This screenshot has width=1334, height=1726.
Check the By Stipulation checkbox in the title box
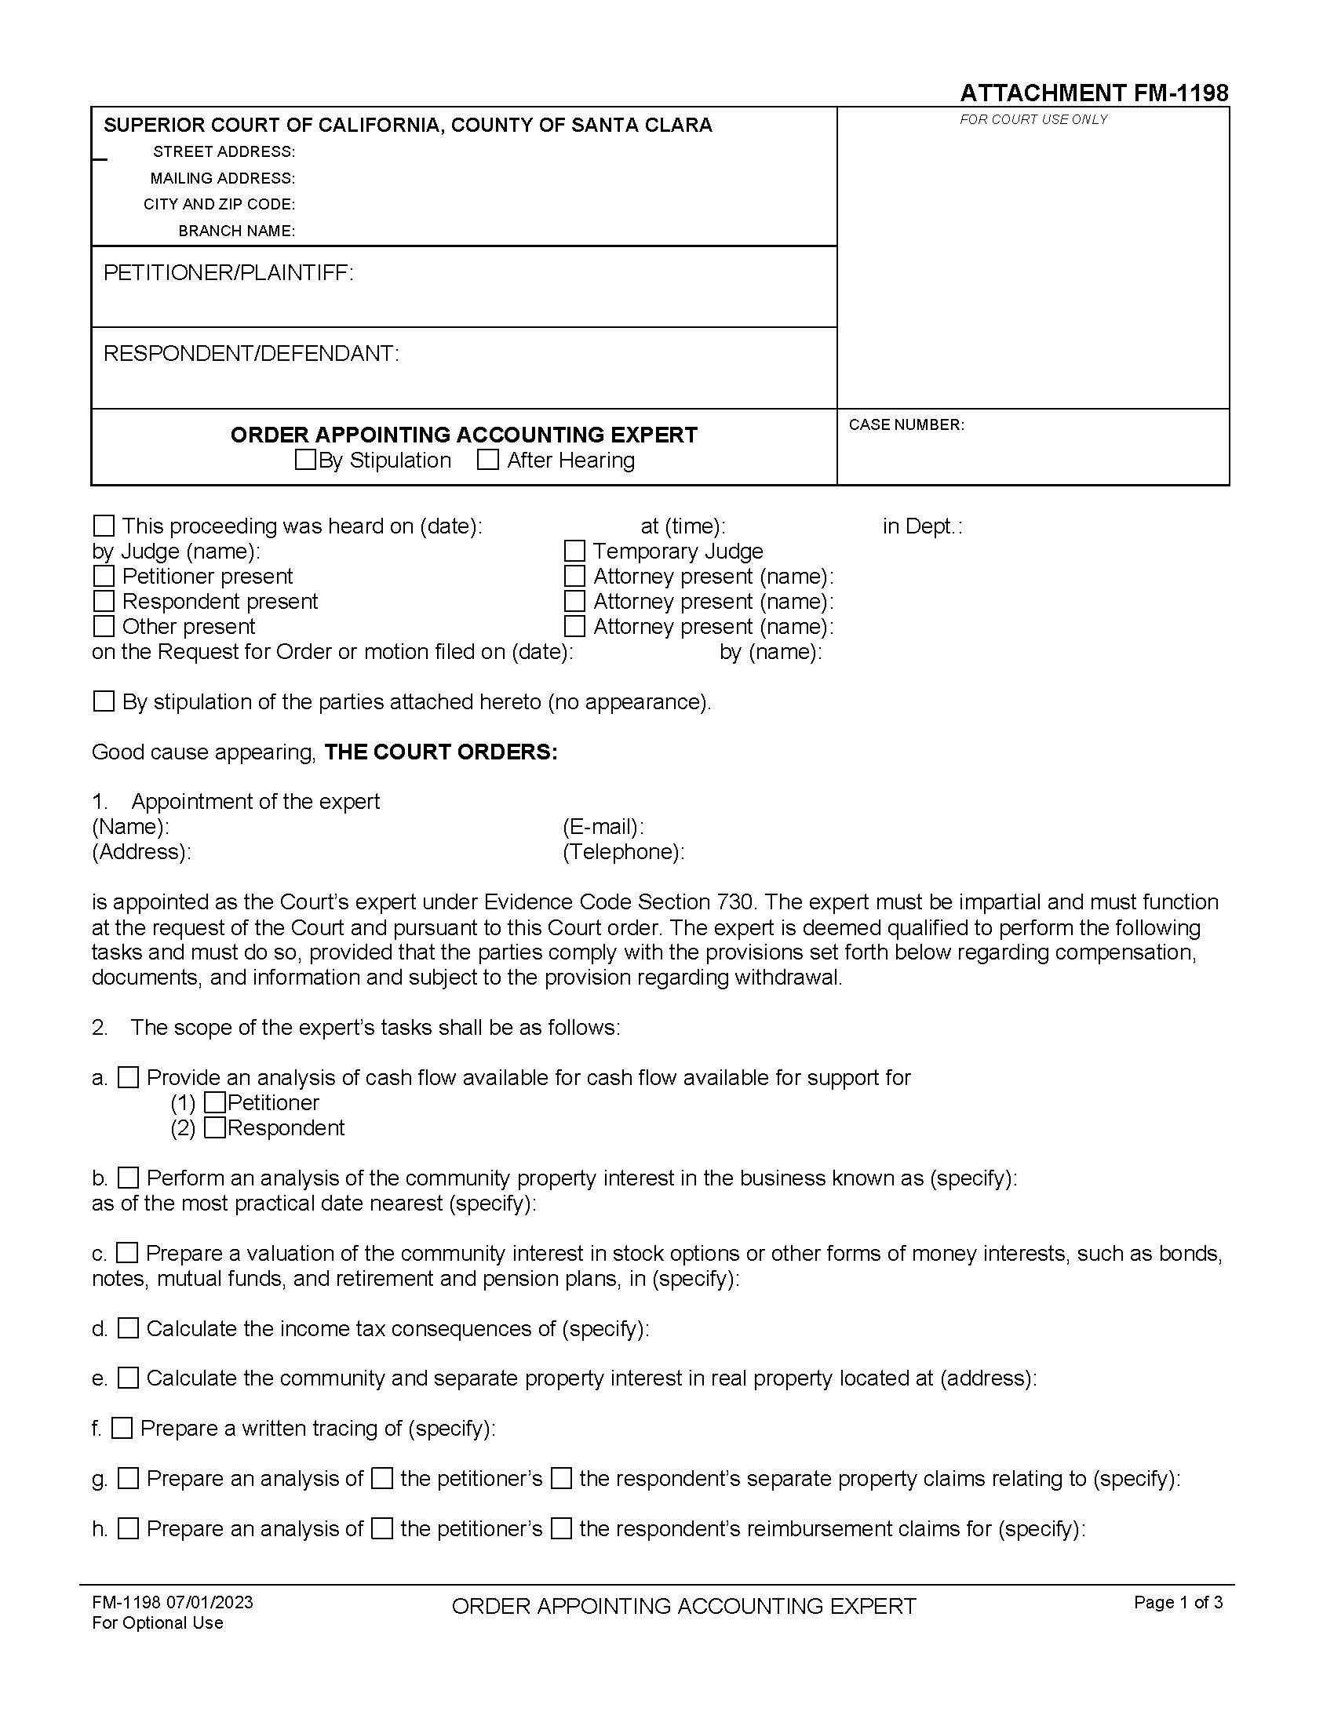click(305, 459)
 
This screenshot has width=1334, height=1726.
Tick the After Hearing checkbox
click(488, 459)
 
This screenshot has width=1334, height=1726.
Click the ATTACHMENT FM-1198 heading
click(1094, 93)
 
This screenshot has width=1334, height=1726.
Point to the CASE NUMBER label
click(906, 425)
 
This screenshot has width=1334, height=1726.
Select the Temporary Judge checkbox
click(574, 551)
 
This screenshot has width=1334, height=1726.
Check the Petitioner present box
click(104, 576)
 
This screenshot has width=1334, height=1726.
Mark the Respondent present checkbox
click(104, 602)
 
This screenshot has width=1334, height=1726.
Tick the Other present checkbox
click(104, 626)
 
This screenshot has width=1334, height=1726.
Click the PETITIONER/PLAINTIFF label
click(228, 274)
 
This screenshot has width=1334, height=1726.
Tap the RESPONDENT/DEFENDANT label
click(250, 354)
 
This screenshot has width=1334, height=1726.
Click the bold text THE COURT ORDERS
click(441, 752)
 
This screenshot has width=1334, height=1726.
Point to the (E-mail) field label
click(603, 827)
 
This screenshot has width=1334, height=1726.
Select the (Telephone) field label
click(624, 852)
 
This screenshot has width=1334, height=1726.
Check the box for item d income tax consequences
click(128, 1328)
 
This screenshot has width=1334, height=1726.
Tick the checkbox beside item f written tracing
click(122, 1428)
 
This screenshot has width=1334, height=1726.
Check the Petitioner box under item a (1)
click(214, 1102)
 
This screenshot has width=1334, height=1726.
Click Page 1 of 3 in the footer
click(1178, 1602)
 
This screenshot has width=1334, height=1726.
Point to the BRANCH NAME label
click(236, 231)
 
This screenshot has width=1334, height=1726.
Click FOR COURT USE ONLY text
click(1033, 119)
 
